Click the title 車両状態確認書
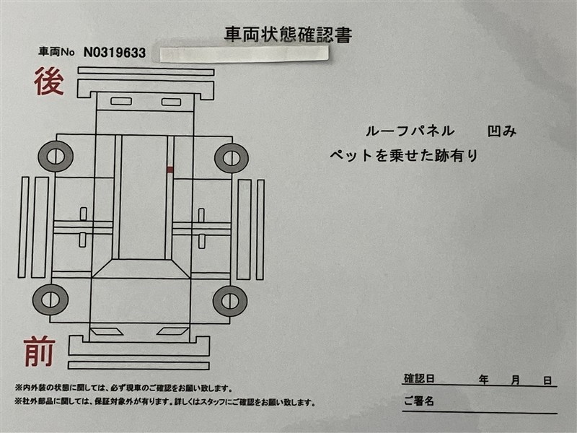tap(288, 34)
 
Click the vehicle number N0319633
tap(115, 53)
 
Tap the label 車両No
tap(56, 52)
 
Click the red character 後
tap(49, 81)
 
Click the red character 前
tap(40, 352)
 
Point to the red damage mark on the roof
tap(170, 170)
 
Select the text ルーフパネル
tap(410, 131)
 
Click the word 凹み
tap(502, 131)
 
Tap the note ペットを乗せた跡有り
tap(404, 155)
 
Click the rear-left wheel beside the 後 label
tap(56, 156)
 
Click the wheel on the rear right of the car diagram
tap(232, 158)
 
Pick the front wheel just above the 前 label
tap(50, 299)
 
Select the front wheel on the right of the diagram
tap(230, 301)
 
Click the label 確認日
tap(419, 378)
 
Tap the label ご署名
tap(419, 401)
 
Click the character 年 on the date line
tap(483, 380)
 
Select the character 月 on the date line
tap(516, 380)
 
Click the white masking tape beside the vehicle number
tap(244, 53)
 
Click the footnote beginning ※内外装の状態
tap(123, 388)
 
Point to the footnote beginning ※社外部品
tap(165, 402)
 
